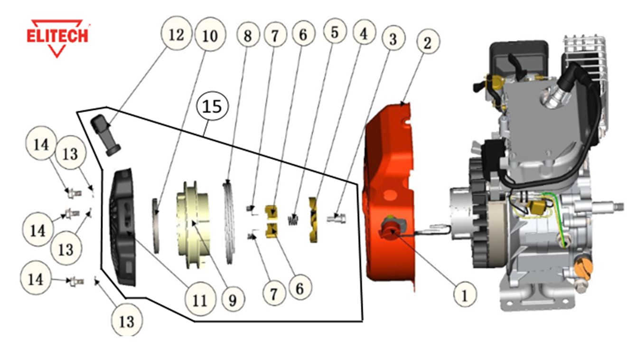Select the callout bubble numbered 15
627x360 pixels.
pos(212,107)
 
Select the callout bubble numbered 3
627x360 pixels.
pos(393,39)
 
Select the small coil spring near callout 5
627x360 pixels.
pos(294,219)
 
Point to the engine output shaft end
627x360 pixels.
pos(617,207)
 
